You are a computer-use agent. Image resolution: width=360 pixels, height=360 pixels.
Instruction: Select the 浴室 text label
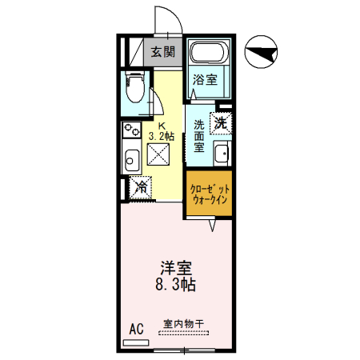pyautogui.click(x=205, y=79)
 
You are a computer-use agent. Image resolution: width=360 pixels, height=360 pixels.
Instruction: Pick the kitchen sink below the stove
pyautogui.click(x=130, y=157)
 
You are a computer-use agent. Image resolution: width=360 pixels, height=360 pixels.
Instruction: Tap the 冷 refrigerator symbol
pyautogui.click(x=140, y=188)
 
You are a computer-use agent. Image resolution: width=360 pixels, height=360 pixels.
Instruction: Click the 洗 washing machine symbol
pyautogui.click(x=221, y=123)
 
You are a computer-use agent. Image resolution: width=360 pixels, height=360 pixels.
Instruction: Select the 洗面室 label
pyautogui.click(x=198, y=136)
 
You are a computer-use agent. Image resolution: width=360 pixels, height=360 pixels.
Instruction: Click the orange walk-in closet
pyautogui.click(x=209, y=194)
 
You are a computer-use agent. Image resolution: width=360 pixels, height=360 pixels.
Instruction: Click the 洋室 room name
pyautogui.click(x=177, y=267)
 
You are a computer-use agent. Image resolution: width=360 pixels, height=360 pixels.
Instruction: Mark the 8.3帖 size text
pyautogui.click(x=177, y=284)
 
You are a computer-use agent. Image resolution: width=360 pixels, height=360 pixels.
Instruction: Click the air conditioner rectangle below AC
pyautogui.click(x=137, y=341)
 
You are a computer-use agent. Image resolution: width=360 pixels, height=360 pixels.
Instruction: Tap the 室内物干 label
pyautogui.click(x=183, y=323)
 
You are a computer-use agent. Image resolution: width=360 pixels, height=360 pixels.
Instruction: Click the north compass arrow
pyautogui.click(x=263, y=54)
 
